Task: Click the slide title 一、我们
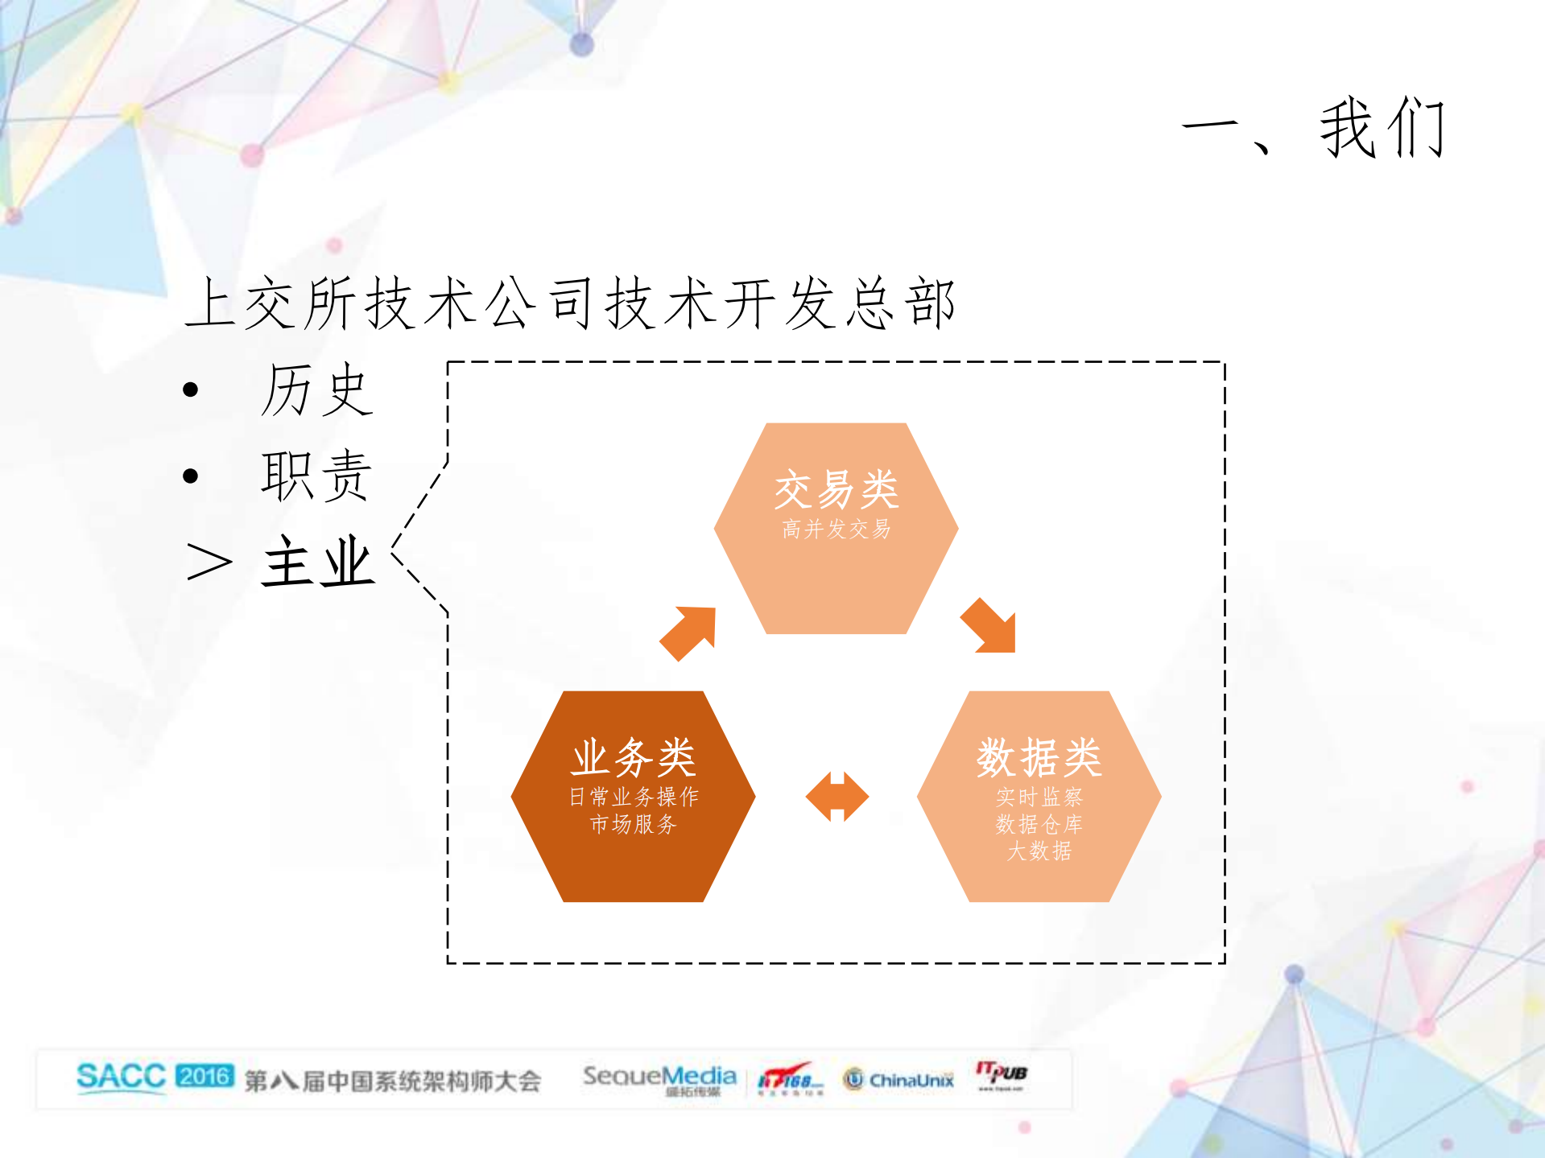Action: pos(1314,129)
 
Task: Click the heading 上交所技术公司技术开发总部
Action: pos(570,303)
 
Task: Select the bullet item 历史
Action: pos(316,390)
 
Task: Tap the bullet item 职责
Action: pos(316,476)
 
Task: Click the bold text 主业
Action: pos(319,562)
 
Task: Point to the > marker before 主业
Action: pos(209,562)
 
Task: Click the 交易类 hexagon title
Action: pos(837,489)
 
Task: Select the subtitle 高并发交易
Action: pos(837,529)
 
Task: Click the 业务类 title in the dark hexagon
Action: pos(634,757)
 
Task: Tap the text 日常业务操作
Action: pos(634,797)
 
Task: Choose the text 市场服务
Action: pos(634,824)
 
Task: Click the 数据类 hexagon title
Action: pos(1039,757)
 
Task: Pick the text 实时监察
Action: pos(1039,797)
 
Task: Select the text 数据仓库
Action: pos(1039,824)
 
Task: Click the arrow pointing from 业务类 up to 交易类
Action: pos(689,633)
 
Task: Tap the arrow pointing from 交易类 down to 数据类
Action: pos(989,626)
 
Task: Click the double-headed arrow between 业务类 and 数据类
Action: pos(837,797)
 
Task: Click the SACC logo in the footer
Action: pos(121,1077)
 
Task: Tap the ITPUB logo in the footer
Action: pos(1002,1074)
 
